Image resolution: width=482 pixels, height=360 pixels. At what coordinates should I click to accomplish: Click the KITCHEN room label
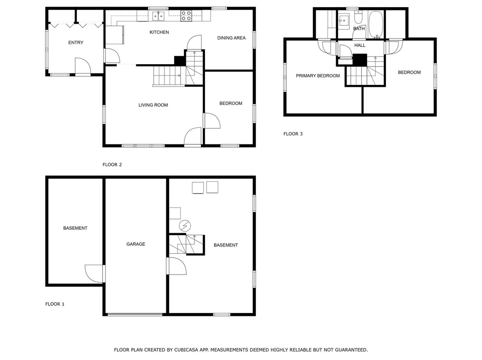point(159,32)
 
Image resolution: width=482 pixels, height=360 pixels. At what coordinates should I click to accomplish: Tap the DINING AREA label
point(231,38)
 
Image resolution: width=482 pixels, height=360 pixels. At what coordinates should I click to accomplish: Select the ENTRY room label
point(76,43)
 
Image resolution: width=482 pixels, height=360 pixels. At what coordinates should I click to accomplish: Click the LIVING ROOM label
point(153,105)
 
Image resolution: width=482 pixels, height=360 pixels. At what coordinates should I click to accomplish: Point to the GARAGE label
point(135,244)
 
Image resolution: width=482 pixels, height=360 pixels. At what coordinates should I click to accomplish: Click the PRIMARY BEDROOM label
point(318,76)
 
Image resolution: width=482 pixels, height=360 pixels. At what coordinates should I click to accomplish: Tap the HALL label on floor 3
point(360,46)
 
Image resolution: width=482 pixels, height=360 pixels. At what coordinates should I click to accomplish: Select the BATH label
point(359,29)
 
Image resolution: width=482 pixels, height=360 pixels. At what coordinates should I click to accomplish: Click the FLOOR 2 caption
point(112,165)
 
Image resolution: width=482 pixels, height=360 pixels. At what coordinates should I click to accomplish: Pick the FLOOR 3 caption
point(293,134)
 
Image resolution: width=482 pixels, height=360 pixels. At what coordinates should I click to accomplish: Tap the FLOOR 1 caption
point(55,304)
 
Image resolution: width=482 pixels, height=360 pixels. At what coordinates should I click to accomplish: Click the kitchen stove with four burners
point(186,16)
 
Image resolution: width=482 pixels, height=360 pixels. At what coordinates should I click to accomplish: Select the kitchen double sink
point(158,16)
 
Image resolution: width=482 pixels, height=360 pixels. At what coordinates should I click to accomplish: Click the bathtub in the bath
point(376,24)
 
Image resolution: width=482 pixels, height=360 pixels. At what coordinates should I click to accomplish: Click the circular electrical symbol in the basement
point(184,226)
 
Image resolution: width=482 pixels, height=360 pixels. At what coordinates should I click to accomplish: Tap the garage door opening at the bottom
point(135,314)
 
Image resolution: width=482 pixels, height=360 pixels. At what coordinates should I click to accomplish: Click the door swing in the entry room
point(82,66)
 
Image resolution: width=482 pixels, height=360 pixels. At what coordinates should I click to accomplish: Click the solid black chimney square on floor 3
point(360,60)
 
